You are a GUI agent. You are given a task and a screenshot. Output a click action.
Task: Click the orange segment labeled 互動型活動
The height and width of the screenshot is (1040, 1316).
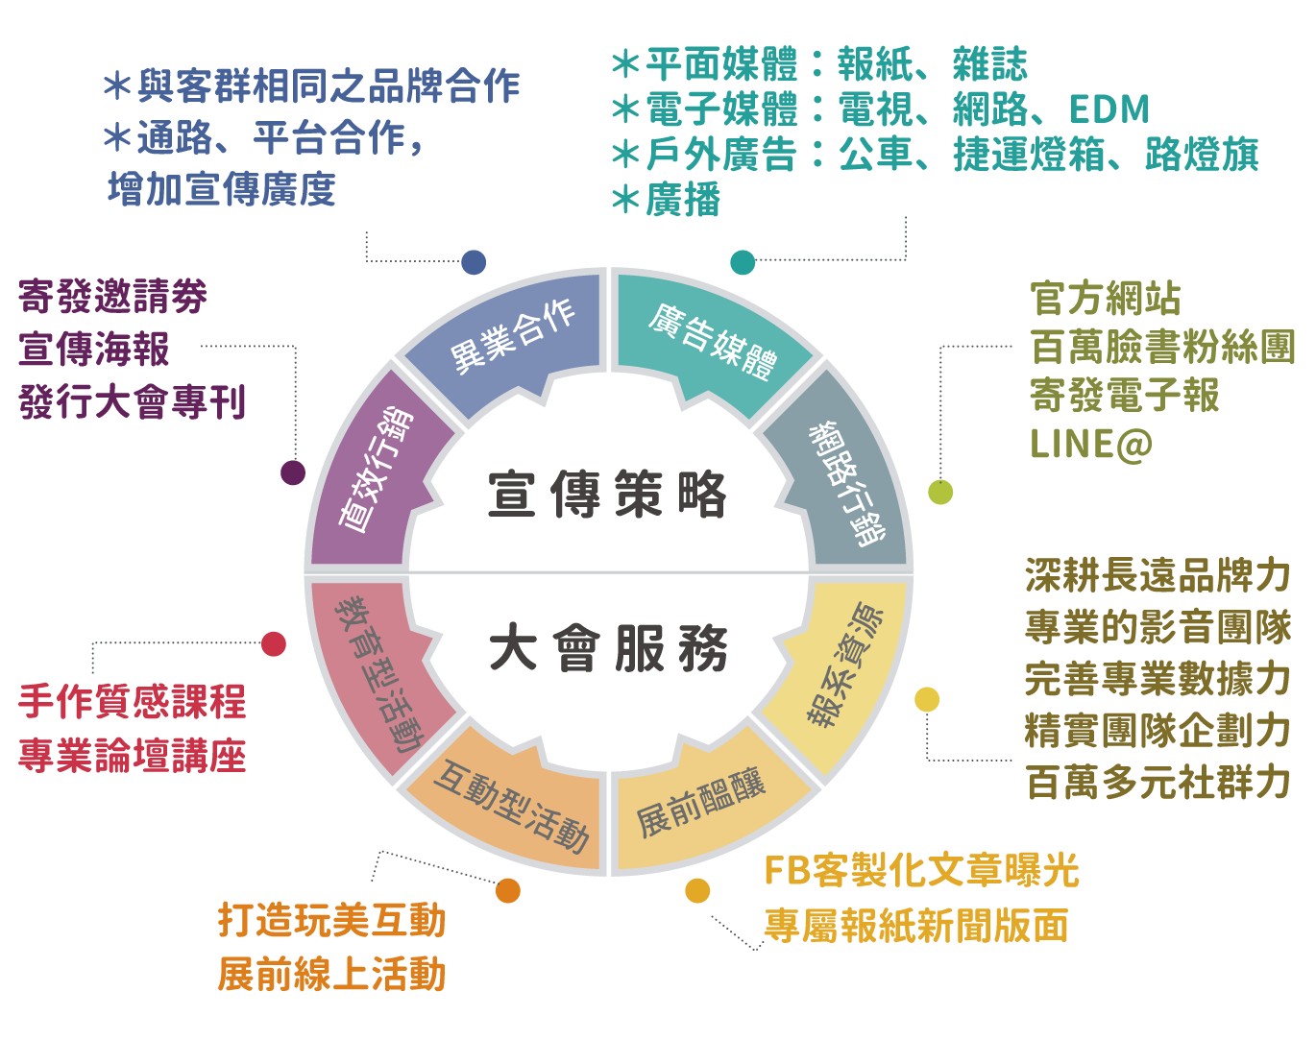click(509, 807)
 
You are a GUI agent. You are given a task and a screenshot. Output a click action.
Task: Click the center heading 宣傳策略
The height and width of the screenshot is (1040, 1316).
click(607, 496)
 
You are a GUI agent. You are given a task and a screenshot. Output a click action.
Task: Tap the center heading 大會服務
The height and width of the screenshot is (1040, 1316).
click(607, 649)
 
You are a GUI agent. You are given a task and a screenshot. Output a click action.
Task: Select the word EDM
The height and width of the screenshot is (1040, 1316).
click(1109, 109)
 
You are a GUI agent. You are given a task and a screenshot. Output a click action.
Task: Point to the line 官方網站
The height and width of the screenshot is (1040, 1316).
click(1106, 298)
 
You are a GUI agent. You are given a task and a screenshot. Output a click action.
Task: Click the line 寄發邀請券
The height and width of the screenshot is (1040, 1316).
click(112, 298)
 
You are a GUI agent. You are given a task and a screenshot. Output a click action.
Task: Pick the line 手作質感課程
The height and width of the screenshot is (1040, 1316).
click(132, 703)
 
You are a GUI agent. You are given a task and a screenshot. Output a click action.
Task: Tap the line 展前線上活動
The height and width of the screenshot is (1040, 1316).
click(331, 974)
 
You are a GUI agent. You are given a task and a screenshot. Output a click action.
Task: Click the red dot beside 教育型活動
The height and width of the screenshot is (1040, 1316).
click(274, 643)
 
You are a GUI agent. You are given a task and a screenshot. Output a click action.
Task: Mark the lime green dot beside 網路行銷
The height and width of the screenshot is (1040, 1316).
click(940, 492)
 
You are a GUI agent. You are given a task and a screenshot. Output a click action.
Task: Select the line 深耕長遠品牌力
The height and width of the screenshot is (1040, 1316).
click(1158, 575)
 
